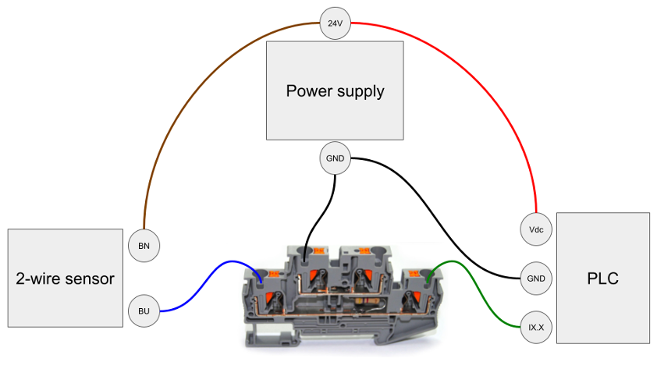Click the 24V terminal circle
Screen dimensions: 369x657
[335, 23]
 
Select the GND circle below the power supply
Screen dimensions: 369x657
[335, 158]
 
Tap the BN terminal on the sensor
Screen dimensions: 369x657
[144, 246]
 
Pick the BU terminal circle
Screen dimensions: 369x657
[144, 310]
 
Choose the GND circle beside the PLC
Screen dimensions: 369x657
[536, 278]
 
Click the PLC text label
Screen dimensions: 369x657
[602, 279]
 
